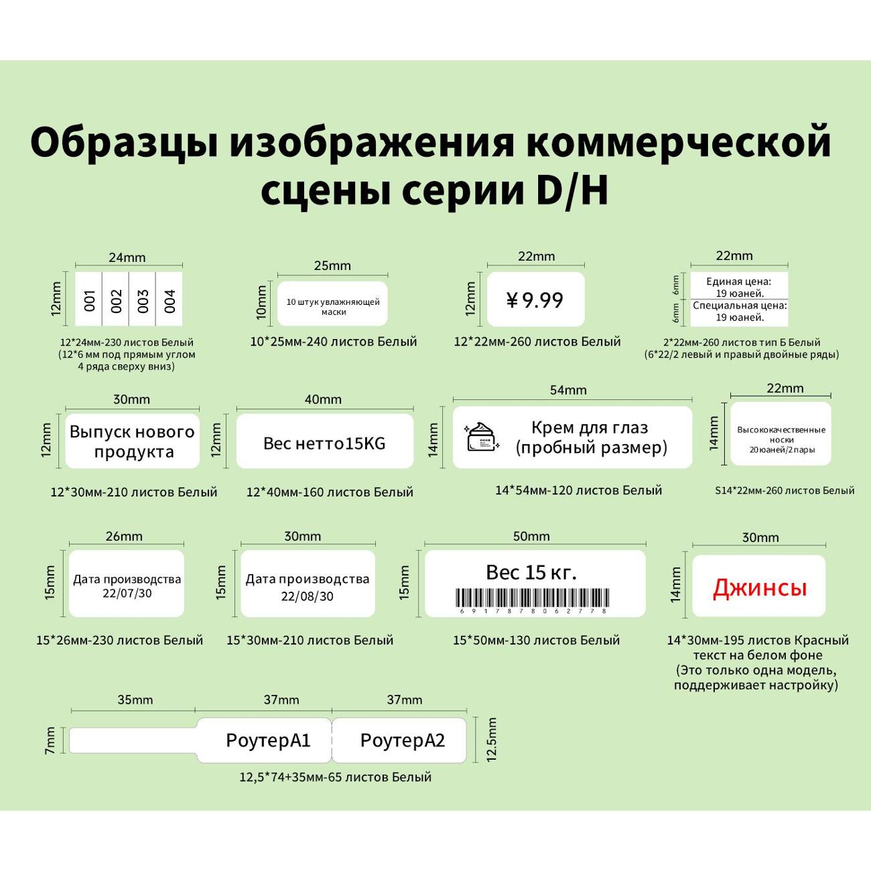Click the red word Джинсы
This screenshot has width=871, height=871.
[760, 588]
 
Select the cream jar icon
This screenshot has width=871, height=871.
[482, 437]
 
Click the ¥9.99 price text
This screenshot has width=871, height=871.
[535, 300]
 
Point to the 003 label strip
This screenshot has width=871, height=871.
[142, 300]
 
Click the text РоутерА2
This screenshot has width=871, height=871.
[402, 740]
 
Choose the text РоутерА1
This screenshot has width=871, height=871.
[268, 740]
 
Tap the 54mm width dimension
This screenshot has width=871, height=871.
[567, 390]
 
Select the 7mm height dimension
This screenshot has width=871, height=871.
[50, 740]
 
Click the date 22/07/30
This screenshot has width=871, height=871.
[127, 594]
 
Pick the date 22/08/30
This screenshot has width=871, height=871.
[307, 596]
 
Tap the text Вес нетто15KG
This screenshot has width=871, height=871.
[324, 444]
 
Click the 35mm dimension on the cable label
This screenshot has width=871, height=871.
[135, 700]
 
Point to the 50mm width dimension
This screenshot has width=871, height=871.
[531, 536]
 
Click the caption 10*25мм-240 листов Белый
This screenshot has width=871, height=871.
[333, 342]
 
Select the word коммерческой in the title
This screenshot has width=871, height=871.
[678, 142]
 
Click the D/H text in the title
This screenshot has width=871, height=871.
[572, 190]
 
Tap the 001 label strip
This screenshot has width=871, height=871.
[89, 300]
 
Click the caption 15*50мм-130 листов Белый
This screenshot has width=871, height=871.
[536, 641]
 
